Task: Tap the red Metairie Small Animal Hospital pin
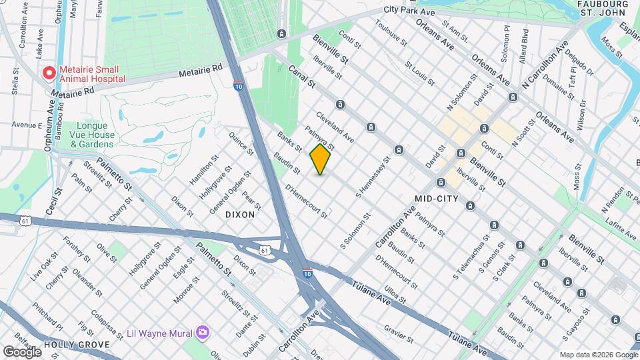[x=48, y=73]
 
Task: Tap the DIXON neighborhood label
[x=240, y=215]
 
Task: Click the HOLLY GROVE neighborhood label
[x=76, y=345]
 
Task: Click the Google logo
[x=22, y=351]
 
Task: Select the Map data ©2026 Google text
[x=598, y=355]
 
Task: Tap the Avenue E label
[x=27, y=125]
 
